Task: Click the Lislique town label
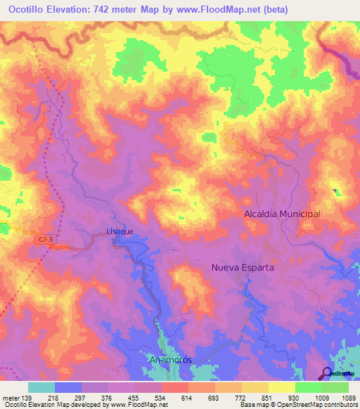tap(120, 231)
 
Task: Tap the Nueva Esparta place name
tap(243, 268)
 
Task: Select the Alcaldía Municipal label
tap(282, 214)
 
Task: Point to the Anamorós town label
tap(171, 360)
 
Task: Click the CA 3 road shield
tap(46, 240)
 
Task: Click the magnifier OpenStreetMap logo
tap(328, 373)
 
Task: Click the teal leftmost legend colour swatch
tap(41, 387)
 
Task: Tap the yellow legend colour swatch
tap(282, 387)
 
